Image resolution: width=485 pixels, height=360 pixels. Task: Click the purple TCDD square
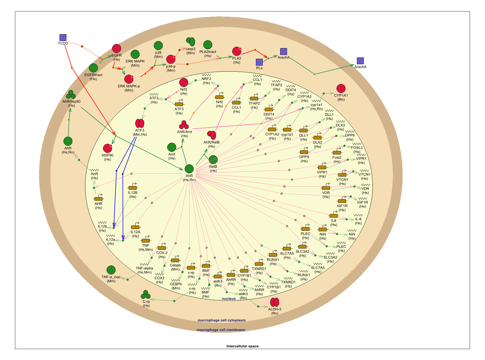[x=63, y=37]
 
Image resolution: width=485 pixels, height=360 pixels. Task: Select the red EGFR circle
[x=117, y=49]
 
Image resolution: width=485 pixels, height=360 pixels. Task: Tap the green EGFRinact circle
[x=93, y=68]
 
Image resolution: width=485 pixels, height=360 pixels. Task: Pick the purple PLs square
[x=259, y=62]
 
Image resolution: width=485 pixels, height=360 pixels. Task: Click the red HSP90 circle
[x=108, y=148]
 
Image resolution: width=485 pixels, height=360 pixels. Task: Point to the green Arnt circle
[x=171, y=147]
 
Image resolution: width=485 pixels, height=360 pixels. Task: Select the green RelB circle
[x=213, y=160]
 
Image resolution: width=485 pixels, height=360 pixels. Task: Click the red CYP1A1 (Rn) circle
[x=341, y=89]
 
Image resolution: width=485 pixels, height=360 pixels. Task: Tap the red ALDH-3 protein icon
[x=274, y=302]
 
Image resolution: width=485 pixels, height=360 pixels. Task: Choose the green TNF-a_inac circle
[x=111, y=270]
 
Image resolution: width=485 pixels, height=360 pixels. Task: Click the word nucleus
[x=229, y=299]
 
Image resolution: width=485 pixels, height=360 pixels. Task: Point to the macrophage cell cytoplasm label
[x=221, y=320]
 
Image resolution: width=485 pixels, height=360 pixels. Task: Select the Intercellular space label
[x=242, y=346]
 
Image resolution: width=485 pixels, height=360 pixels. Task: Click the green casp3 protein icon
[x=191, y=42]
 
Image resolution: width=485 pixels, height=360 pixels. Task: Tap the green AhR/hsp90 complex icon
[x=71, y=95]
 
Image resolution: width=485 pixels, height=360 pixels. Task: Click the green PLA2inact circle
[x=208, y=45]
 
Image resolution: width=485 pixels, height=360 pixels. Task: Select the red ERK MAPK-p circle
[x=129, y=79]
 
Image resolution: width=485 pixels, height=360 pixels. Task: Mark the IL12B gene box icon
[x=132, y=188]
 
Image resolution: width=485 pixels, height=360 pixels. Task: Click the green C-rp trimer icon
[x=146, y=295]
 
